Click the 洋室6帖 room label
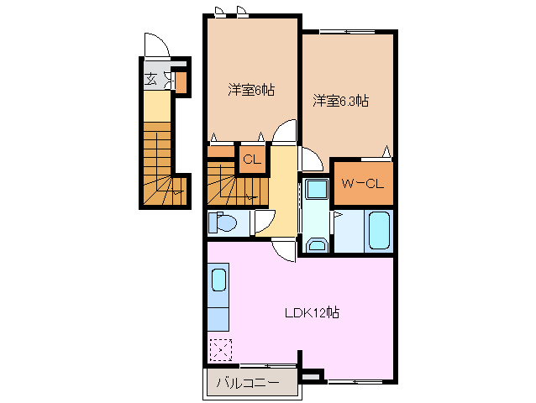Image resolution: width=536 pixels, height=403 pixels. pyautogui.click(x=251, y=88)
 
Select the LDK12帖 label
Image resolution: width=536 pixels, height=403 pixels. pyautogui.click(x=311, y=313)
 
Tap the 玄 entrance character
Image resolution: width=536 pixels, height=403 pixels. pyautogui.click(x=150, y=80)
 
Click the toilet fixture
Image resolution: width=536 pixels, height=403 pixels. pyautogui.click(x=223, y=222)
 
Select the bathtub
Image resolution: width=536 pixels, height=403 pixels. pyautogui.click(x=378, y=231)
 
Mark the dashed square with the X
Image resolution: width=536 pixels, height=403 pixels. pyautogui.click(x=220, y=348)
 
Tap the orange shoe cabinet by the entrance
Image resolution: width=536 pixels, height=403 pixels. pyautogui.click(x=180, y=81)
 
